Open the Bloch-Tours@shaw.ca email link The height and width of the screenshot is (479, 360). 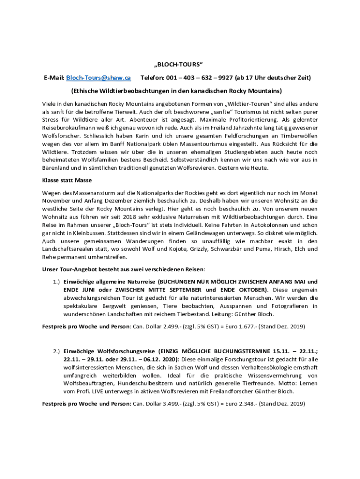(98, 77)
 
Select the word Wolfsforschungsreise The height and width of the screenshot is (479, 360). (125, 351)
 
